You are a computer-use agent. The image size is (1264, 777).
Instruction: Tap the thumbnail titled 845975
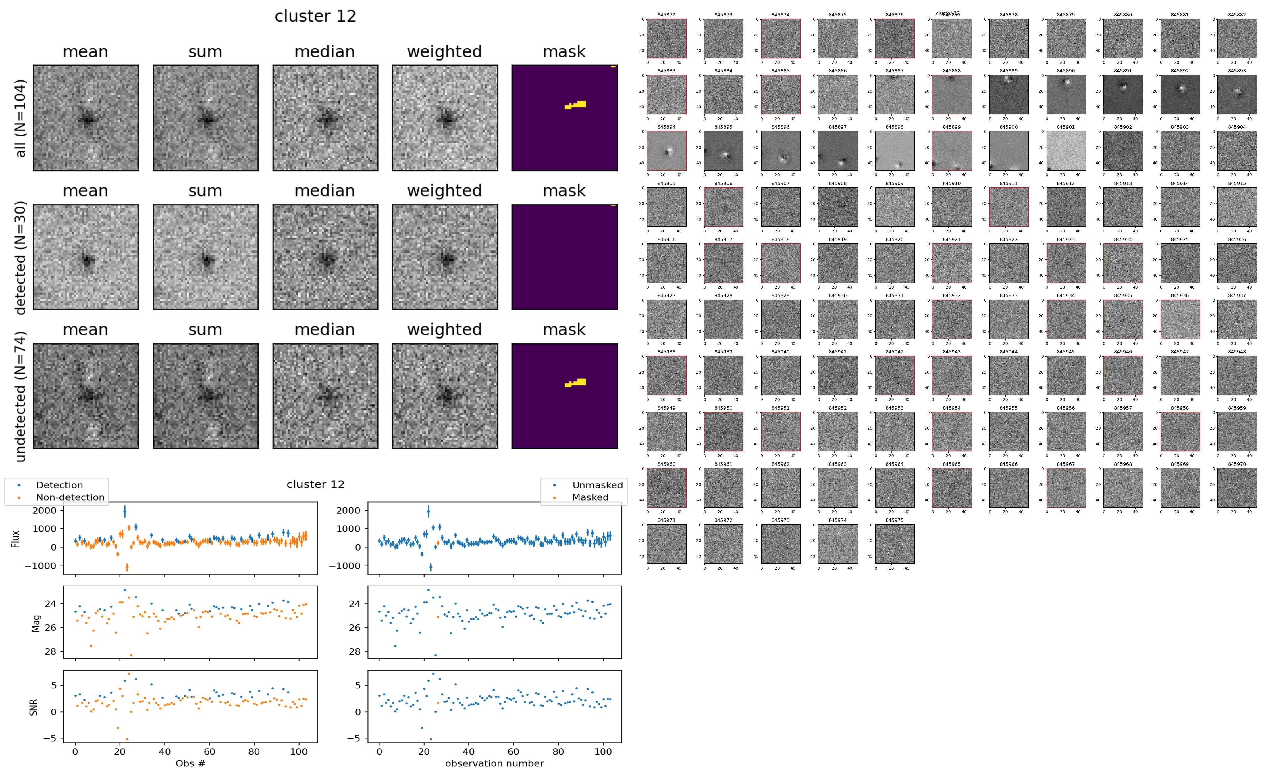[894, 544]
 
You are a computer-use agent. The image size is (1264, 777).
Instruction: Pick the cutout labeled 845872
[666, 39]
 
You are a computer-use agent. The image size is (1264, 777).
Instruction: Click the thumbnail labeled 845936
[1180, 319]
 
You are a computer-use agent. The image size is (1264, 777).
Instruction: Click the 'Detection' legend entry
[59, 485]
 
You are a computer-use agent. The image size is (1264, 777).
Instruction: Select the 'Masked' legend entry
[589, 497]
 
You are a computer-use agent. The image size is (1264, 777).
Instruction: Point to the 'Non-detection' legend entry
[70, 497]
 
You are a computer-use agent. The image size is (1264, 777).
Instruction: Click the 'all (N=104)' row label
[21, 118]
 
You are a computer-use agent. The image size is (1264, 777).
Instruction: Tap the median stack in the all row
[325, 118]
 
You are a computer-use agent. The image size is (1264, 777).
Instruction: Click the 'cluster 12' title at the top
[315, 16]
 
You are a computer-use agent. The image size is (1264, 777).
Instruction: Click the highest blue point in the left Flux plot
[124, 511]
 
